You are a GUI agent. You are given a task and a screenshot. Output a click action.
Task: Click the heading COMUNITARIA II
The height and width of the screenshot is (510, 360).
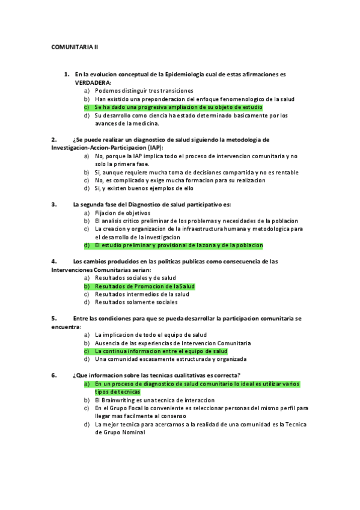coord(70,46)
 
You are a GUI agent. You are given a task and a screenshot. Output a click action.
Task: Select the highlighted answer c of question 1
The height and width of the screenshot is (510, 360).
coord(178,107)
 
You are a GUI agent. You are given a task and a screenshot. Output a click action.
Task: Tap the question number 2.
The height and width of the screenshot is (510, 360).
coord(54,139)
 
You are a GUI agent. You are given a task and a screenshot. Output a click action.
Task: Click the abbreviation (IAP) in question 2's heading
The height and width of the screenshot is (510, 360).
coord(155,147)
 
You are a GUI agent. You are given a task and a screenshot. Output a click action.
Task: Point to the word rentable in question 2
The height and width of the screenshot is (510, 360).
coord(285,172)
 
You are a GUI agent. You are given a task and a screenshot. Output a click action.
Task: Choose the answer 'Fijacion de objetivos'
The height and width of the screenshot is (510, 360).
coord(123,213)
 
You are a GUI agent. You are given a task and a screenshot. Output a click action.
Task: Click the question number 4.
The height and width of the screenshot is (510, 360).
coord(54,261)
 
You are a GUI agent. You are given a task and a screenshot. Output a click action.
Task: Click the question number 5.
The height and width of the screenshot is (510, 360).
coord(54,318)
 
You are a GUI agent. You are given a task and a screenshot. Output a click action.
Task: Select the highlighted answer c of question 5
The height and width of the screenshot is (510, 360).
coord(161,351)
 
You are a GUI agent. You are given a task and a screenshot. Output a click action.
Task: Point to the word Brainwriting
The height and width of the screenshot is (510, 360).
coord(120,399)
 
